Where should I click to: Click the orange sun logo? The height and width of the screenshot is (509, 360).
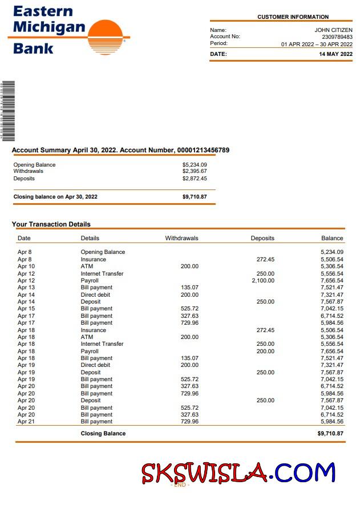106,37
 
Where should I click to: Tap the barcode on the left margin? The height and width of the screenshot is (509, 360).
7,111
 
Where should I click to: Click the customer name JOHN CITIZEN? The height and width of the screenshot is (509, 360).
333,30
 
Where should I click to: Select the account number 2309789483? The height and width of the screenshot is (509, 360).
337,37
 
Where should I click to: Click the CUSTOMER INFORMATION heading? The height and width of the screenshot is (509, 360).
293,17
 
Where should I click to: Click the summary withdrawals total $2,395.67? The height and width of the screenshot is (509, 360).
195,171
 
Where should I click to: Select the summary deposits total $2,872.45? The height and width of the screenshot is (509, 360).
195,179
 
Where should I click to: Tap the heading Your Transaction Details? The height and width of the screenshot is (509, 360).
51,224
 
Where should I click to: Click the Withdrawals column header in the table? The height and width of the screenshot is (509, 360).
181,238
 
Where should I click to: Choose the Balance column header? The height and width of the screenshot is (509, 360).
332,238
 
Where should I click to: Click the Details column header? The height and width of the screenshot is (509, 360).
90,238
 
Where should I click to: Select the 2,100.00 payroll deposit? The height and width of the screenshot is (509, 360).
262,281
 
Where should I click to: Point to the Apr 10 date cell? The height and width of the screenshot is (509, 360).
26,266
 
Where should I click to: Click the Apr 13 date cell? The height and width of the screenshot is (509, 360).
26,288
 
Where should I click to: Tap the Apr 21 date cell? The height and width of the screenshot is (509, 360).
26,422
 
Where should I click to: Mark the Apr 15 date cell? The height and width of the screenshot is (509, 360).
26,309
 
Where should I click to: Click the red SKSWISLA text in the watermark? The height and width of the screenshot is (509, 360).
204,472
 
